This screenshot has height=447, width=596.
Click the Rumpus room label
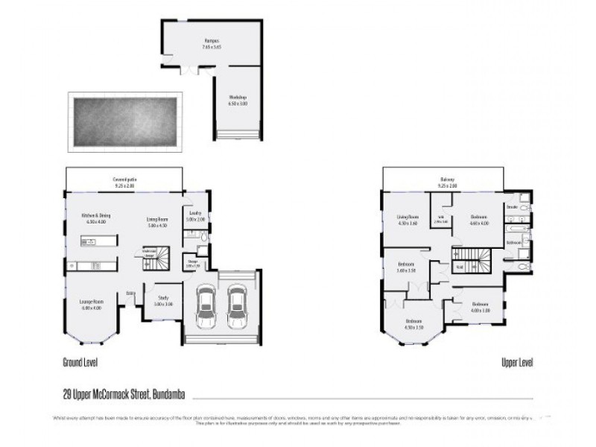(212, 42)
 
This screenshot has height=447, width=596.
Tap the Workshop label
(238, 100)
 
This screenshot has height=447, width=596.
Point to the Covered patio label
(125, 182)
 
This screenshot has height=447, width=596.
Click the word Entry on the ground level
(130, 292)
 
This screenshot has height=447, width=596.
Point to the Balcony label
(446, 182)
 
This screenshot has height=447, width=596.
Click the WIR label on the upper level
(440, 219)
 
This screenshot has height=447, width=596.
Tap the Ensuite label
(512, 205)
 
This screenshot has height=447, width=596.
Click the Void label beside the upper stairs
(459, 267)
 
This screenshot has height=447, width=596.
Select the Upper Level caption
(516, 363)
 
